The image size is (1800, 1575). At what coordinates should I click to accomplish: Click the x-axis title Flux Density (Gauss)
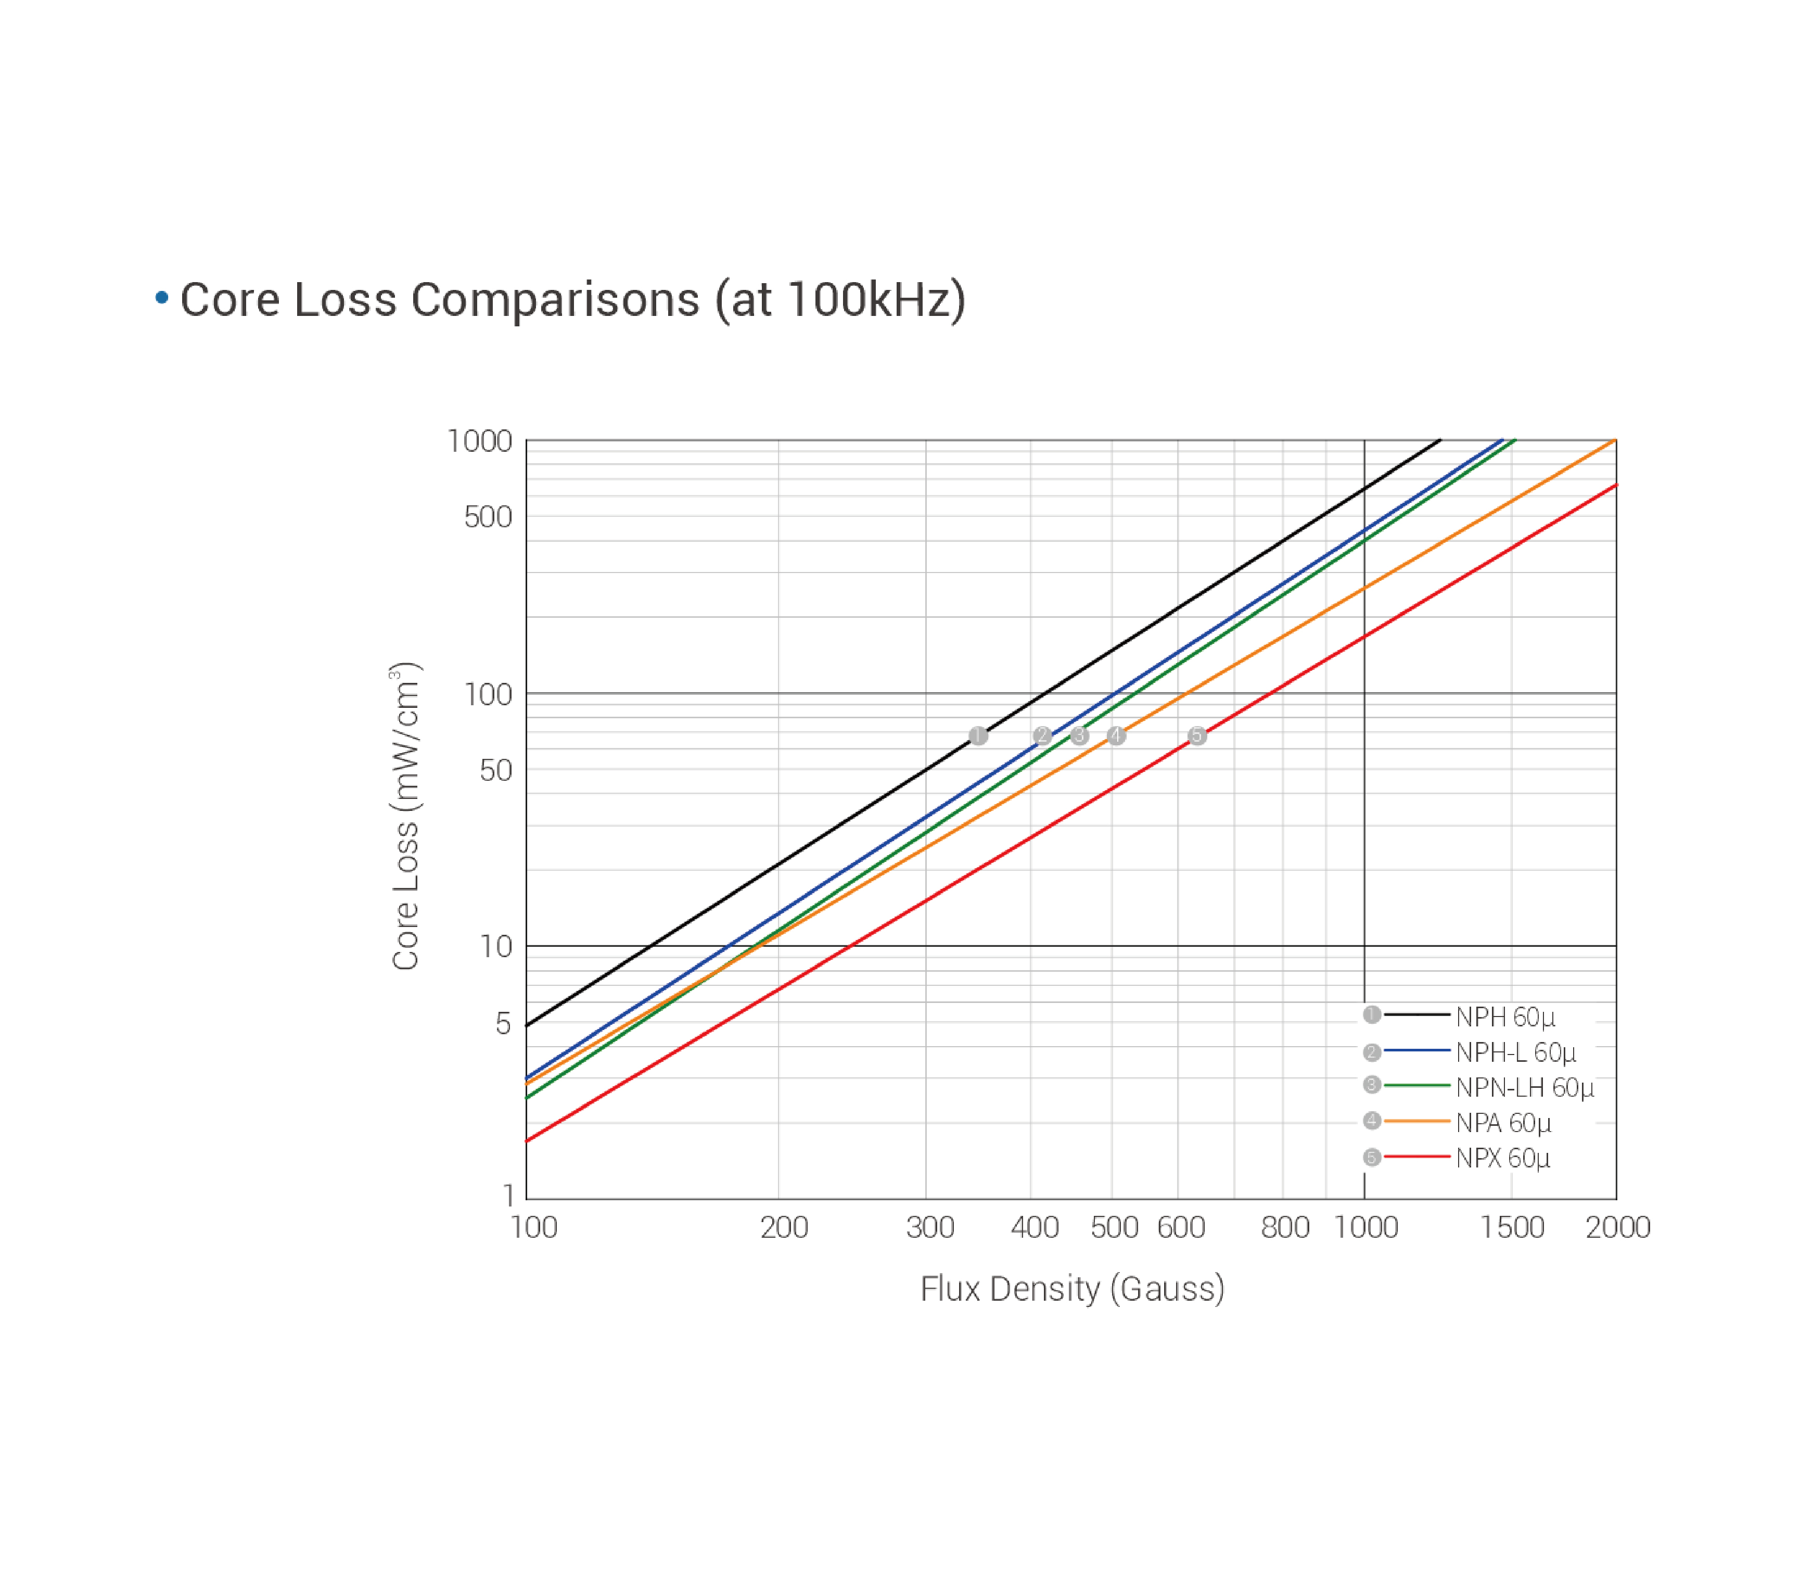point(1071,1289)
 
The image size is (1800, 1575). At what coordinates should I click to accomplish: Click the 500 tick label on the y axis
point(488,517)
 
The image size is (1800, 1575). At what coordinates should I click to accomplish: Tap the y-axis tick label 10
point(496,947)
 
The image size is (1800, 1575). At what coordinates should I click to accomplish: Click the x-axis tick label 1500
point(1512,1227)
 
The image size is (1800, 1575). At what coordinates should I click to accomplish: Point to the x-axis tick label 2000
point(1617,1227)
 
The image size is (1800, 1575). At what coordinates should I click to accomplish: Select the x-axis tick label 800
point(1285,1227)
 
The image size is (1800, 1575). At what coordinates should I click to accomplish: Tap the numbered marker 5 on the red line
point(1197,735)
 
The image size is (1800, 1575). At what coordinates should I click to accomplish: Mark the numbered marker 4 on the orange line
point(1116,735)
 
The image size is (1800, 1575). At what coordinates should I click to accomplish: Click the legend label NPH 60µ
point(1505,1017)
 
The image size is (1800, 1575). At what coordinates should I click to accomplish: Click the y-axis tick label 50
point(496,771)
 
